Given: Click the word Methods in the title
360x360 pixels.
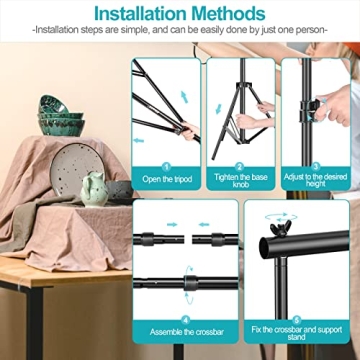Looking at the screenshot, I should [231, 14].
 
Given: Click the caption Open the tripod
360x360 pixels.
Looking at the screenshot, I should [166, 181].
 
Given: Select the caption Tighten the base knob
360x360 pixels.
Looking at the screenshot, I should [241, 185].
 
